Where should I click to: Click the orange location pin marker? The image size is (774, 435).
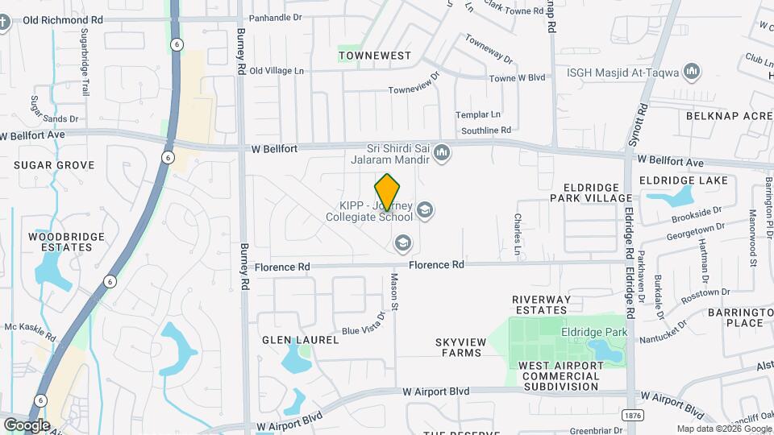(x=388, y=191)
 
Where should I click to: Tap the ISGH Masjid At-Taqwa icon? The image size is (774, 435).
(x=691, y=72)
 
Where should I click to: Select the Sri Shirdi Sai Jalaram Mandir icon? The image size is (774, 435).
(x=442, y=153)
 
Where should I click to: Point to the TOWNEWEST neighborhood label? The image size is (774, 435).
(x=375, y=56)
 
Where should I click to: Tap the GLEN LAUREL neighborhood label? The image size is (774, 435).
(x=300, y=340)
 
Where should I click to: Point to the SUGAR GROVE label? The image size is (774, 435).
(x=54, y=165)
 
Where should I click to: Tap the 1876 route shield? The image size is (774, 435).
(x=632, y=413)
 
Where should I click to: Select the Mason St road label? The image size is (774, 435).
(x=395, y=291)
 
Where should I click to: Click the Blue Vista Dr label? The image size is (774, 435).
(x=364, y=324)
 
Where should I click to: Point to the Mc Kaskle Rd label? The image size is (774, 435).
(x=30, y=331)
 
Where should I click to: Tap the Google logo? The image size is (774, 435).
(x=27, y=425)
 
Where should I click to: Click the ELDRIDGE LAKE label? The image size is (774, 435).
(x=683, y=181)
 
